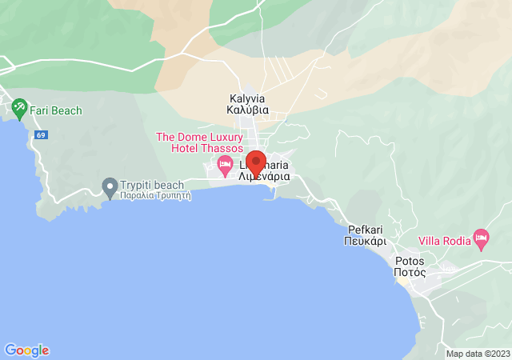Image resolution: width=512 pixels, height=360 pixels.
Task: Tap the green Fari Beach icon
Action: tap(19, 106)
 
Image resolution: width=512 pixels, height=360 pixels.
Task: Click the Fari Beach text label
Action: tap(56, 110)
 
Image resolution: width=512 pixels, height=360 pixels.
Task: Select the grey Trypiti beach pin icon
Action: tap(110, 187)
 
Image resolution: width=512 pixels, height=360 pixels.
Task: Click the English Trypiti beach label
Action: tap(152, 185)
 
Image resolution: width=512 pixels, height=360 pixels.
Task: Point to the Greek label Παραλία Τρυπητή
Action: tap(156, 195)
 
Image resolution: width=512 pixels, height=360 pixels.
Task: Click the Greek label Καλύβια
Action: tap(249, 111)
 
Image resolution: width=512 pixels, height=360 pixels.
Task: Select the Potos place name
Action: tap(410, 262)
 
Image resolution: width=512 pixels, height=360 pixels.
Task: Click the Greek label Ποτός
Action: tap(410, 273)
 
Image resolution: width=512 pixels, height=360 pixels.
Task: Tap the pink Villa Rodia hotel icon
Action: tap(481, 238)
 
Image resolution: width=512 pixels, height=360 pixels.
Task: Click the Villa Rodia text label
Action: tap(446, 240)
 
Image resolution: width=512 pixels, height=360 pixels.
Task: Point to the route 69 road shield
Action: tap(41, 135)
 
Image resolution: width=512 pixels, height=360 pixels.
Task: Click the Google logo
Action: tap(26, 350)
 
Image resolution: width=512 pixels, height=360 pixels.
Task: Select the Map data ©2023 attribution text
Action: tap(478, 354)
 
